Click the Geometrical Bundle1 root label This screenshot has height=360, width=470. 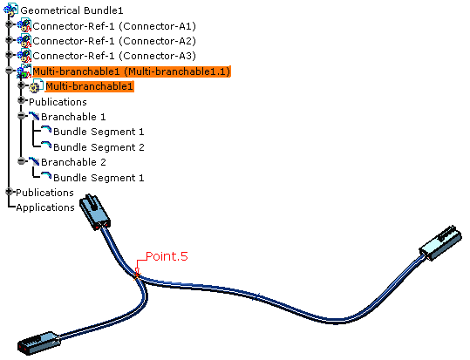pos(72,10)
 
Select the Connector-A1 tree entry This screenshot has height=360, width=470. pos(114,26)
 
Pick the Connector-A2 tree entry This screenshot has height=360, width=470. pos(114,41)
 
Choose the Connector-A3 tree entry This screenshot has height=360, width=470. pos(114,56)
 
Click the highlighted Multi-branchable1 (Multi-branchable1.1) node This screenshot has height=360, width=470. pos(132,71)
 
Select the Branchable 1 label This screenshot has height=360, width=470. pos(73,117)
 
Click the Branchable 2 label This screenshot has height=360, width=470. pos(73,162)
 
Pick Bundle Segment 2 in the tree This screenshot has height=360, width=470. pos(99,147)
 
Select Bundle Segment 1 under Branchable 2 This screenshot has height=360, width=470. pos(99,178)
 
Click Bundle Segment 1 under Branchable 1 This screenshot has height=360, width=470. pos(99,132)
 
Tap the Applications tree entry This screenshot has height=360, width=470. pos(45,207)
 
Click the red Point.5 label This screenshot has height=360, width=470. pos(167,256)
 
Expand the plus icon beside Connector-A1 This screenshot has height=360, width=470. pos(9,24)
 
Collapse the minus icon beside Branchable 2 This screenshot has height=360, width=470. pos(21,161)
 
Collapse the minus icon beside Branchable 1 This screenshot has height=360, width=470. pos(21,116)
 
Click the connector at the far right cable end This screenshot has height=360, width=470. pos(440,243)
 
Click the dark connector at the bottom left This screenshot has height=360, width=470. pos(39,343)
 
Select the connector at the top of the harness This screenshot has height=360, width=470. pos(94,212)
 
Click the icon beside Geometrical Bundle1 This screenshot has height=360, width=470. pos(10,10)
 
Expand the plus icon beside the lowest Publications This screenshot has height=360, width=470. pos(9,192)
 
